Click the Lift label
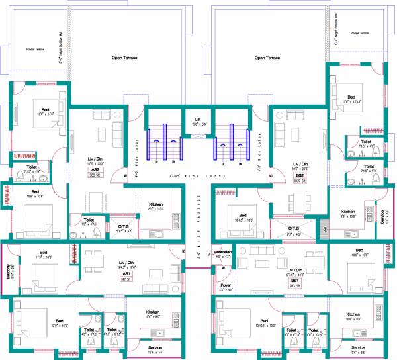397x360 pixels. coord(197,118)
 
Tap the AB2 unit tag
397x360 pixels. coord(97,169)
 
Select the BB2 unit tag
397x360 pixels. coord(300,175)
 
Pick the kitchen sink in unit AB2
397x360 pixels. coord(157,234)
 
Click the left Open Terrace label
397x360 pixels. coord(124,58)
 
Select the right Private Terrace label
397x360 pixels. coord(363,32)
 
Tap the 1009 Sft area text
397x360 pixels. coord(300,181)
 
